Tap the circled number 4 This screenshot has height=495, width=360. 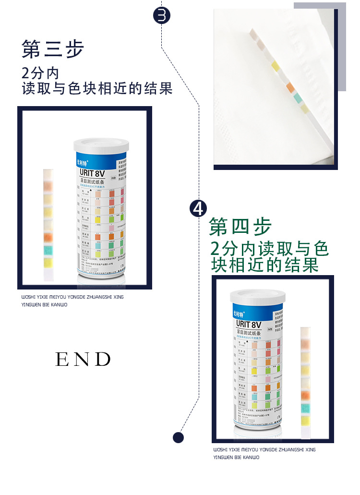click(198, 208)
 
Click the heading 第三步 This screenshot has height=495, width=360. click(53, 49)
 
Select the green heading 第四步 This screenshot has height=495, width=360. click(240, 227)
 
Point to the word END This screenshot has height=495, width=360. click(83, 359)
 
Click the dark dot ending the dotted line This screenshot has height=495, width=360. click(178, 437)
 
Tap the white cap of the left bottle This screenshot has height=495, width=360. click(101, 144)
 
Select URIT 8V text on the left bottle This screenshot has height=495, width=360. click(93, 173)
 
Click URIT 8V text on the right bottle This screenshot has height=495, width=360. click(249, 325)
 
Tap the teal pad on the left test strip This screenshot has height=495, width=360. click(48, 251)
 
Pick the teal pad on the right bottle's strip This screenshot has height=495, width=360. click(306, 408)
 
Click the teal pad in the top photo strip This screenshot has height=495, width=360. click(298, 98)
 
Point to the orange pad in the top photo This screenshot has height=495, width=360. click(289, 87)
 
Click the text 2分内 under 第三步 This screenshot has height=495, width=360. click(40, 73)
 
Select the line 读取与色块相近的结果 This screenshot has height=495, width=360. click(97, 89)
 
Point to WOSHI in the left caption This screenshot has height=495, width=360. click(28, 297)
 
